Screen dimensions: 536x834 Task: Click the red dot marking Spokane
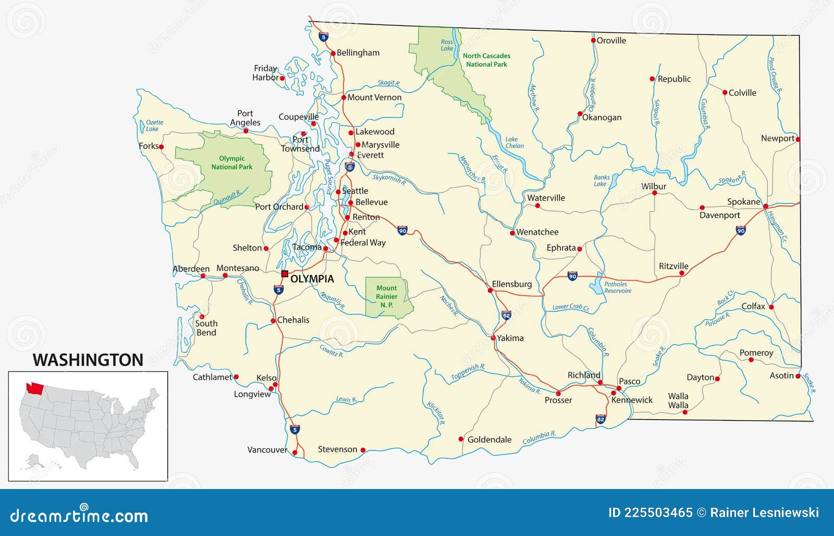click(x=766, y=207)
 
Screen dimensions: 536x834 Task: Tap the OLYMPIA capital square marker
click(x=285, y=273)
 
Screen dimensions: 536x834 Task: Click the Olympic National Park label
click(x=231, y=163)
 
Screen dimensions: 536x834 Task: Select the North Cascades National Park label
click(x=486, y=60)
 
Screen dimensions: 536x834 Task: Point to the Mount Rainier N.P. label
click(x=386, y=296)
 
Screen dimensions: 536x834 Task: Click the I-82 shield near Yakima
click(x=506, y=315)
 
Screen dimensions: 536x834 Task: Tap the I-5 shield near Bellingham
click(x=324, y=37)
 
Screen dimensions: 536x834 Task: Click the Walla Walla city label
click(x=678, y=401)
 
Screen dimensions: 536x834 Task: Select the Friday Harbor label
click(x=265, y=73)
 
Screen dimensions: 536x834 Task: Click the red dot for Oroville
click(x=593, y=40)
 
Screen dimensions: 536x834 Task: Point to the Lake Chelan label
click(x=514, y=142)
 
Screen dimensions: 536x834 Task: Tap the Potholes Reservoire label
click(x=617, y=288)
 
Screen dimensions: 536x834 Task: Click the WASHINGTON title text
click(x=88, y=360)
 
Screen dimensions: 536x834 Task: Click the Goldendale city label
click(x=489, y=439)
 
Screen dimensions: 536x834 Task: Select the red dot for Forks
click(x=161, y=147)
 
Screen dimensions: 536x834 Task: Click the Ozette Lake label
click(x=154, y=125)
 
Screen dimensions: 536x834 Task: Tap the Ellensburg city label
click(x=512, y=284)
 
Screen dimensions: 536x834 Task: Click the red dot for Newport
click(x=798, y=139)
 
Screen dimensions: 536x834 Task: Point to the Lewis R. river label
click(x=346, y=399)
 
